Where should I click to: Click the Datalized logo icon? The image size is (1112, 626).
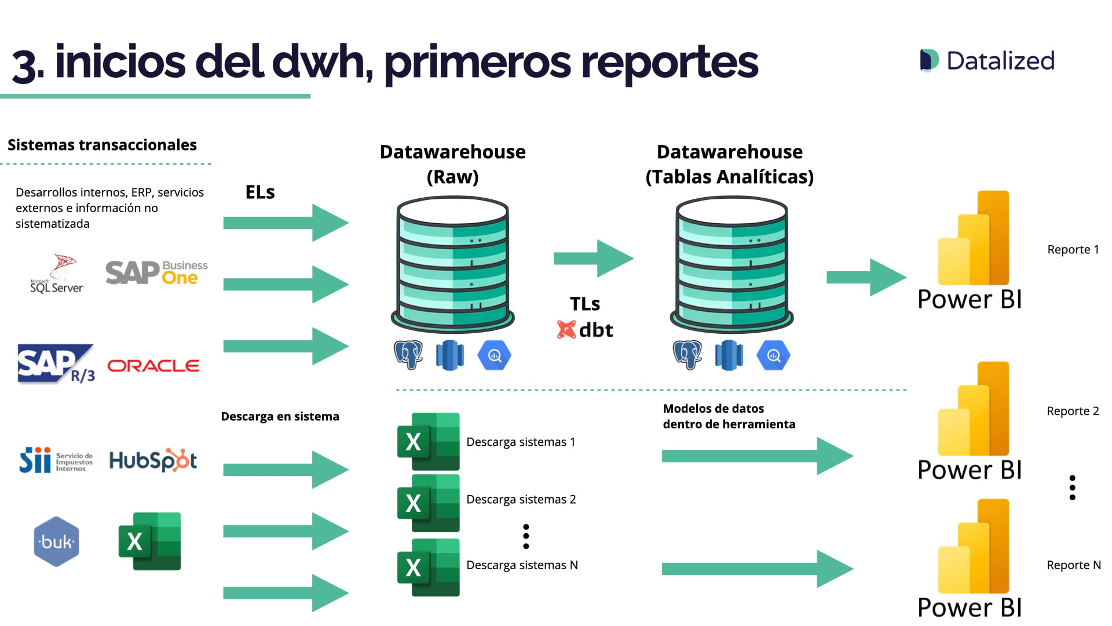coord(929,60)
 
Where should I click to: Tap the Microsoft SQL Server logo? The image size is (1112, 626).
coord(57,274)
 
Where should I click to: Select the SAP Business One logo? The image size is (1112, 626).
coord(156,272)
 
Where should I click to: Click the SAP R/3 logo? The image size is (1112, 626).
coord(56,364)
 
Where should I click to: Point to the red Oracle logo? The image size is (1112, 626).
coord(153,366)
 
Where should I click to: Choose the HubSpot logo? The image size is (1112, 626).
coord(153,460)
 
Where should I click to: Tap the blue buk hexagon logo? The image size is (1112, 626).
coord(56,541)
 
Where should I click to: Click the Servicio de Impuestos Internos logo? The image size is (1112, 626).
coord(56,460)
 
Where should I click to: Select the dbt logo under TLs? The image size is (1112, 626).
coord(585,330)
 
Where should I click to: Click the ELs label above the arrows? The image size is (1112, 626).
coord(260,192)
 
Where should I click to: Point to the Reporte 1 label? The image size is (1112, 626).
coord(1073,249)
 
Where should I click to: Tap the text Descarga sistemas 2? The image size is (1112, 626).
coord(521,499)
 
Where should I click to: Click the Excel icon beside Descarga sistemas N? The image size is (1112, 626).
coord(428,567)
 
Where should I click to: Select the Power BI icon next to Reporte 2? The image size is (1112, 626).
coord(973,409)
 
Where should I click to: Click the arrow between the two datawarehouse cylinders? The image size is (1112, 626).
coord(593,258)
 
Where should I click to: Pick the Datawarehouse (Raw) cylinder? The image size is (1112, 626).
coord(452,264)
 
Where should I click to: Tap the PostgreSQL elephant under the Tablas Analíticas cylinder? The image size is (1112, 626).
coord(687,355)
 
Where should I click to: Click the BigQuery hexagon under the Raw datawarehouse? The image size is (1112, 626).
coord(494,355)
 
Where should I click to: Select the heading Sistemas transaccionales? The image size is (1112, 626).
coord(102,145)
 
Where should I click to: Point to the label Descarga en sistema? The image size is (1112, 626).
coord(280,416)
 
